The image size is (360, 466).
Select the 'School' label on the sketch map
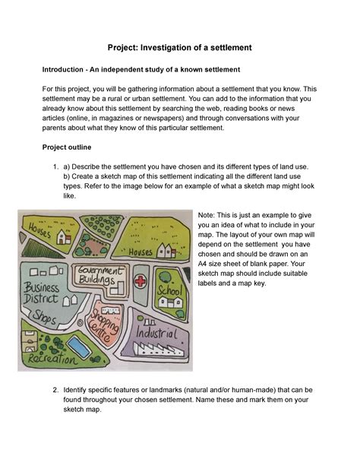point(169,291)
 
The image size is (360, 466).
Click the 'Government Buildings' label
point(96,277)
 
